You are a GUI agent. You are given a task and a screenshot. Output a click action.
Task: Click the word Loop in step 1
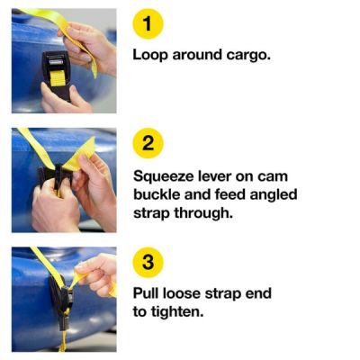(x=151, y=54)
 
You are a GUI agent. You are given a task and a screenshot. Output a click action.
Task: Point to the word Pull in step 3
(x=147, y=293)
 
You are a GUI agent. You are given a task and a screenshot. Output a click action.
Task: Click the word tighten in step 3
(x=181, y=312)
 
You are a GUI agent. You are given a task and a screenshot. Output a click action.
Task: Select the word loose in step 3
(x=186, y=293)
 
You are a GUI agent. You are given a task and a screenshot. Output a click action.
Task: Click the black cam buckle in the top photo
(x=56, y=72)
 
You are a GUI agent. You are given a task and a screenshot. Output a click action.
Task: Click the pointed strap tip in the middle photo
(x=90, y=145)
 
